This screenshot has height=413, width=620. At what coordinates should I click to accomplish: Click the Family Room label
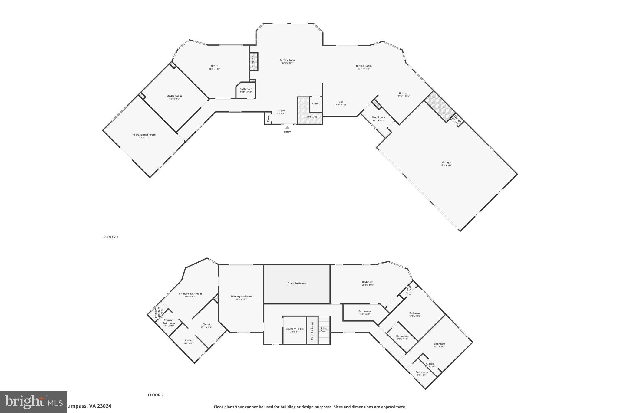[287, 60]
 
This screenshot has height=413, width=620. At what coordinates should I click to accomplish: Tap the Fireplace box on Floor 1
[253, 61]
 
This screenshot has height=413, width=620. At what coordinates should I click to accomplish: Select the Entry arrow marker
[287, 127]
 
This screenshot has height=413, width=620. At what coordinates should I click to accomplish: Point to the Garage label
[446, 162]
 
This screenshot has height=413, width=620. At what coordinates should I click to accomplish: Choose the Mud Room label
[378, 117]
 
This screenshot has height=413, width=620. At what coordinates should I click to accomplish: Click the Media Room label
[174, 96]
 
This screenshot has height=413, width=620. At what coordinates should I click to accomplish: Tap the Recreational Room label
[144, 135]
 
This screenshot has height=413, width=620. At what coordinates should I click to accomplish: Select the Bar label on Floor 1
[341, 102]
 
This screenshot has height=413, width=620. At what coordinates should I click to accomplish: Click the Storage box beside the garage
[457, 120]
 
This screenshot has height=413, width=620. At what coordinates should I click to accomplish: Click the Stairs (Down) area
[324, 329]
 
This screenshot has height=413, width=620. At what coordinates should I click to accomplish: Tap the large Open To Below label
[296, 284]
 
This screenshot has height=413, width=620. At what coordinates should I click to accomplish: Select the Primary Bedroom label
[241, 297]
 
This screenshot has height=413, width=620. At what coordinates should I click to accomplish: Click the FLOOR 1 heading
[111, 237]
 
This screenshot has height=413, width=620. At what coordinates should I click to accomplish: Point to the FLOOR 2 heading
[156, 395]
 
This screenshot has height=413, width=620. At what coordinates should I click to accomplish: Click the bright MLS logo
[33, 402]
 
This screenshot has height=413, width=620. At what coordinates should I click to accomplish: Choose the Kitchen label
[404, 93]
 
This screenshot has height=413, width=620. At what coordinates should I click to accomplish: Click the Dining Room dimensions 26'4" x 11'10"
[364, 69]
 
